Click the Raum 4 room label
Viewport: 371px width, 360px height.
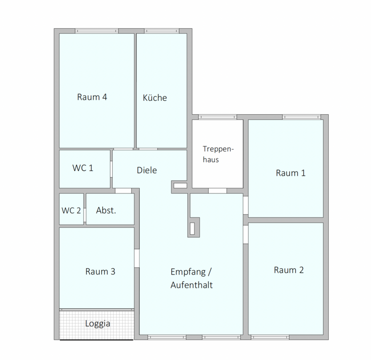92,97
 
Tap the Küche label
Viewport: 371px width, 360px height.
155,98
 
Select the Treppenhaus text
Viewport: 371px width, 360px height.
218,154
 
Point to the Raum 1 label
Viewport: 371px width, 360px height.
290,173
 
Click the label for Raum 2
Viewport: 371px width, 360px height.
288,270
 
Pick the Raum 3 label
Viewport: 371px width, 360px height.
100,272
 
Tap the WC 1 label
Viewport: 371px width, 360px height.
83,168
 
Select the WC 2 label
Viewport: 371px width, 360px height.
71,210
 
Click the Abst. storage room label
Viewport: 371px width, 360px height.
106,210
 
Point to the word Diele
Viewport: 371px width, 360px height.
147,170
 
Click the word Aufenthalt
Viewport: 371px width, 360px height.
191,285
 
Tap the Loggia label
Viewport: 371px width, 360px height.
98,324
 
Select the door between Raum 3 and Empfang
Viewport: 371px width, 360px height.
137,258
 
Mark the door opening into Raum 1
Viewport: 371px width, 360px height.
246,205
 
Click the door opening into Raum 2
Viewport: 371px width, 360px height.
246,234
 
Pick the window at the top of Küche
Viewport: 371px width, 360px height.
162,31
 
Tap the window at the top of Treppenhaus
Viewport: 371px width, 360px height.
217,117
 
